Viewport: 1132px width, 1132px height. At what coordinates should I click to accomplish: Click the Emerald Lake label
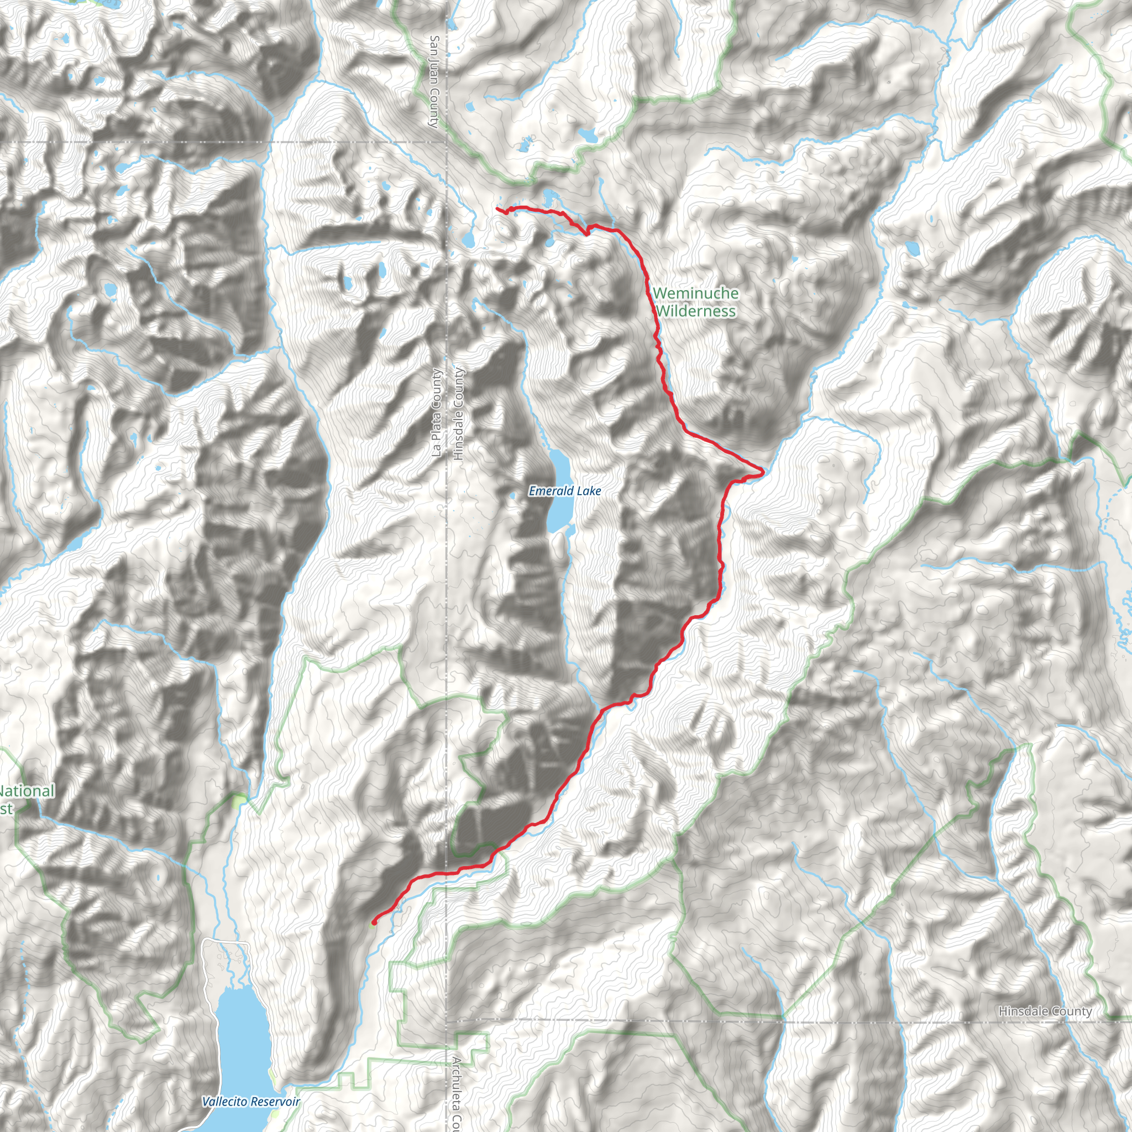[564, 491]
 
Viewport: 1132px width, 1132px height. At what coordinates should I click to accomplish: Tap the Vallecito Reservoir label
[250, 1102]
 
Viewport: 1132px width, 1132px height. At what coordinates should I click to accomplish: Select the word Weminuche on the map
[695, 293]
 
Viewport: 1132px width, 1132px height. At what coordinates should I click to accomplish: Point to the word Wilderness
[695, 311]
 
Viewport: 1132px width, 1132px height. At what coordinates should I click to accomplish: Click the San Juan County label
[434, 81]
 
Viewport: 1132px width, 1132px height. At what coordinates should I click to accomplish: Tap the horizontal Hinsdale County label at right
[1045, 1012]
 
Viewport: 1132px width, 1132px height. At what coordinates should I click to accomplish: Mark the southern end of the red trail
[374, 924]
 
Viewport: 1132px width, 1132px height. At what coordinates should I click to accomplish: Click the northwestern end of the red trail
[497, 208]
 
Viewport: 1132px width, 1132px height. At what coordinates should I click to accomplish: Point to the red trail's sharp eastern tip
[763, 470]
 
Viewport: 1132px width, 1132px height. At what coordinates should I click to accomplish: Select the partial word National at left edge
[27, 792]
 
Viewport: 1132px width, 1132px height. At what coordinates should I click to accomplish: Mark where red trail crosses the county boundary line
[447, 873]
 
